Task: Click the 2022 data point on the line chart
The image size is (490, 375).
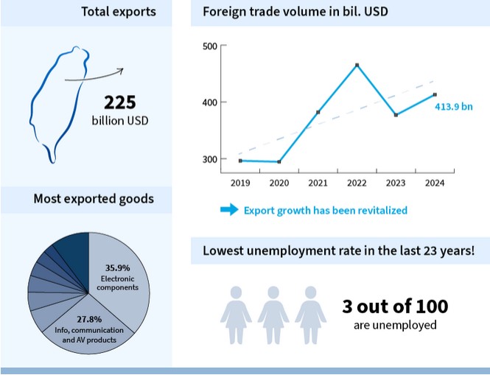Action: click(x=357, y=66)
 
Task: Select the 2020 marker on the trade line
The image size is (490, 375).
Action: click(x=279, y=162)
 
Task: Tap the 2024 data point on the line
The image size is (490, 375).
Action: click(x=435, y=94)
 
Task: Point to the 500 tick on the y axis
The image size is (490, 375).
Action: click(x=209, y=46)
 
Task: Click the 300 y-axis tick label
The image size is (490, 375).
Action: click(x=209, y=159)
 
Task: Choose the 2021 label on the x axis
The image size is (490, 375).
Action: click(x=318, y=183)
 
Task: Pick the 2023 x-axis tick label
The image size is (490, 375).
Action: click(x=396, y=183)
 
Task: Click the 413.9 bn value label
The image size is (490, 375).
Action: click(x=454, y=107)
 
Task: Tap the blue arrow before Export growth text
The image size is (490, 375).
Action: click(x=229, y=210)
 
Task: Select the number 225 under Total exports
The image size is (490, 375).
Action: click(x=120, y=102)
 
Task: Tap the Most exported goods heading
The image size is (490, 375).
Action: click(x=94, y=198)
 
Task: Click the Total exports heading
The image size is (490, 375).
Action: click(x=119, y=12)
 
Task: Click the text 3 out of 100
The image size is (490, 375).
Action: click(x=395, y=306)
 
